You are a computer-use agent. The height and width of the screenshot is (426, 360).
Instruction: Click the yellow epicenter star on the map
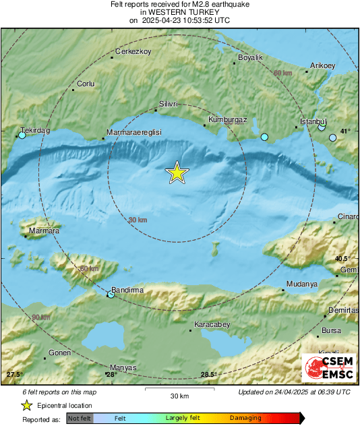tap(177, 173)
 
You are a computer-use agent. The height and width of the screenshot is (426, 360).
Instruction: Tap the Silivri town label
tap(168, 104)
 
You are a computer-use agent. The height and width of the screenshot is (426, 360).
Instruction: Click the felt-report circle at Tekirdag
tap(22, 135)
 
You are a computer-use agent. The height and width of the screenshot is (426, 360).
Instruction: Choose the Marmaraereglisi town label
tap(135, 133)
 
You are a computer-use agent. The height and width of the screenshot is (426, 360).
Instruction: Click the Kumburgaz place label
tap(229, 119)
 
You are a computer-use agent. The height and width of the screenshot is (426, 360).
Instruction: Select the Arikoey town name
tap(322, 65)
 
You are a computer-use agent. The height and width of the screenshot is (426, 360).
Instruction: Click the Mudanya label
tap(301, 284)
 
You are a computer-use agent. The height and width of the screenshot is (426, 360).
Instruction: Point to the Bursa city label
tap(332, 330)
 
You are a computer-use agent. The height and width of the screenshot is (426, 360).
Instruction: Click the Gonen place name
tap(59, 353)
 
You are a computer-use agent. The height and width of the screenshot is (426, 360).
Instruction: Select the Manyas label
tap(124, 367)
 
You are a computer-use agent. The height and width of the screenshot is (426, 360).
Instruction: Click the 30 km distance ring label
tap(138, 220)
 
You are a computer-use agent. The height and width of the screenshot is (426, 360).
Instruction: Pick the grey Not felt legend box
tap(80, 418)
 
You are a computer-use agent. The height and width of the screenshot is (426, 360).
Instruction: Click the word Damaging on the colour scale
tap(245, 418)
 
